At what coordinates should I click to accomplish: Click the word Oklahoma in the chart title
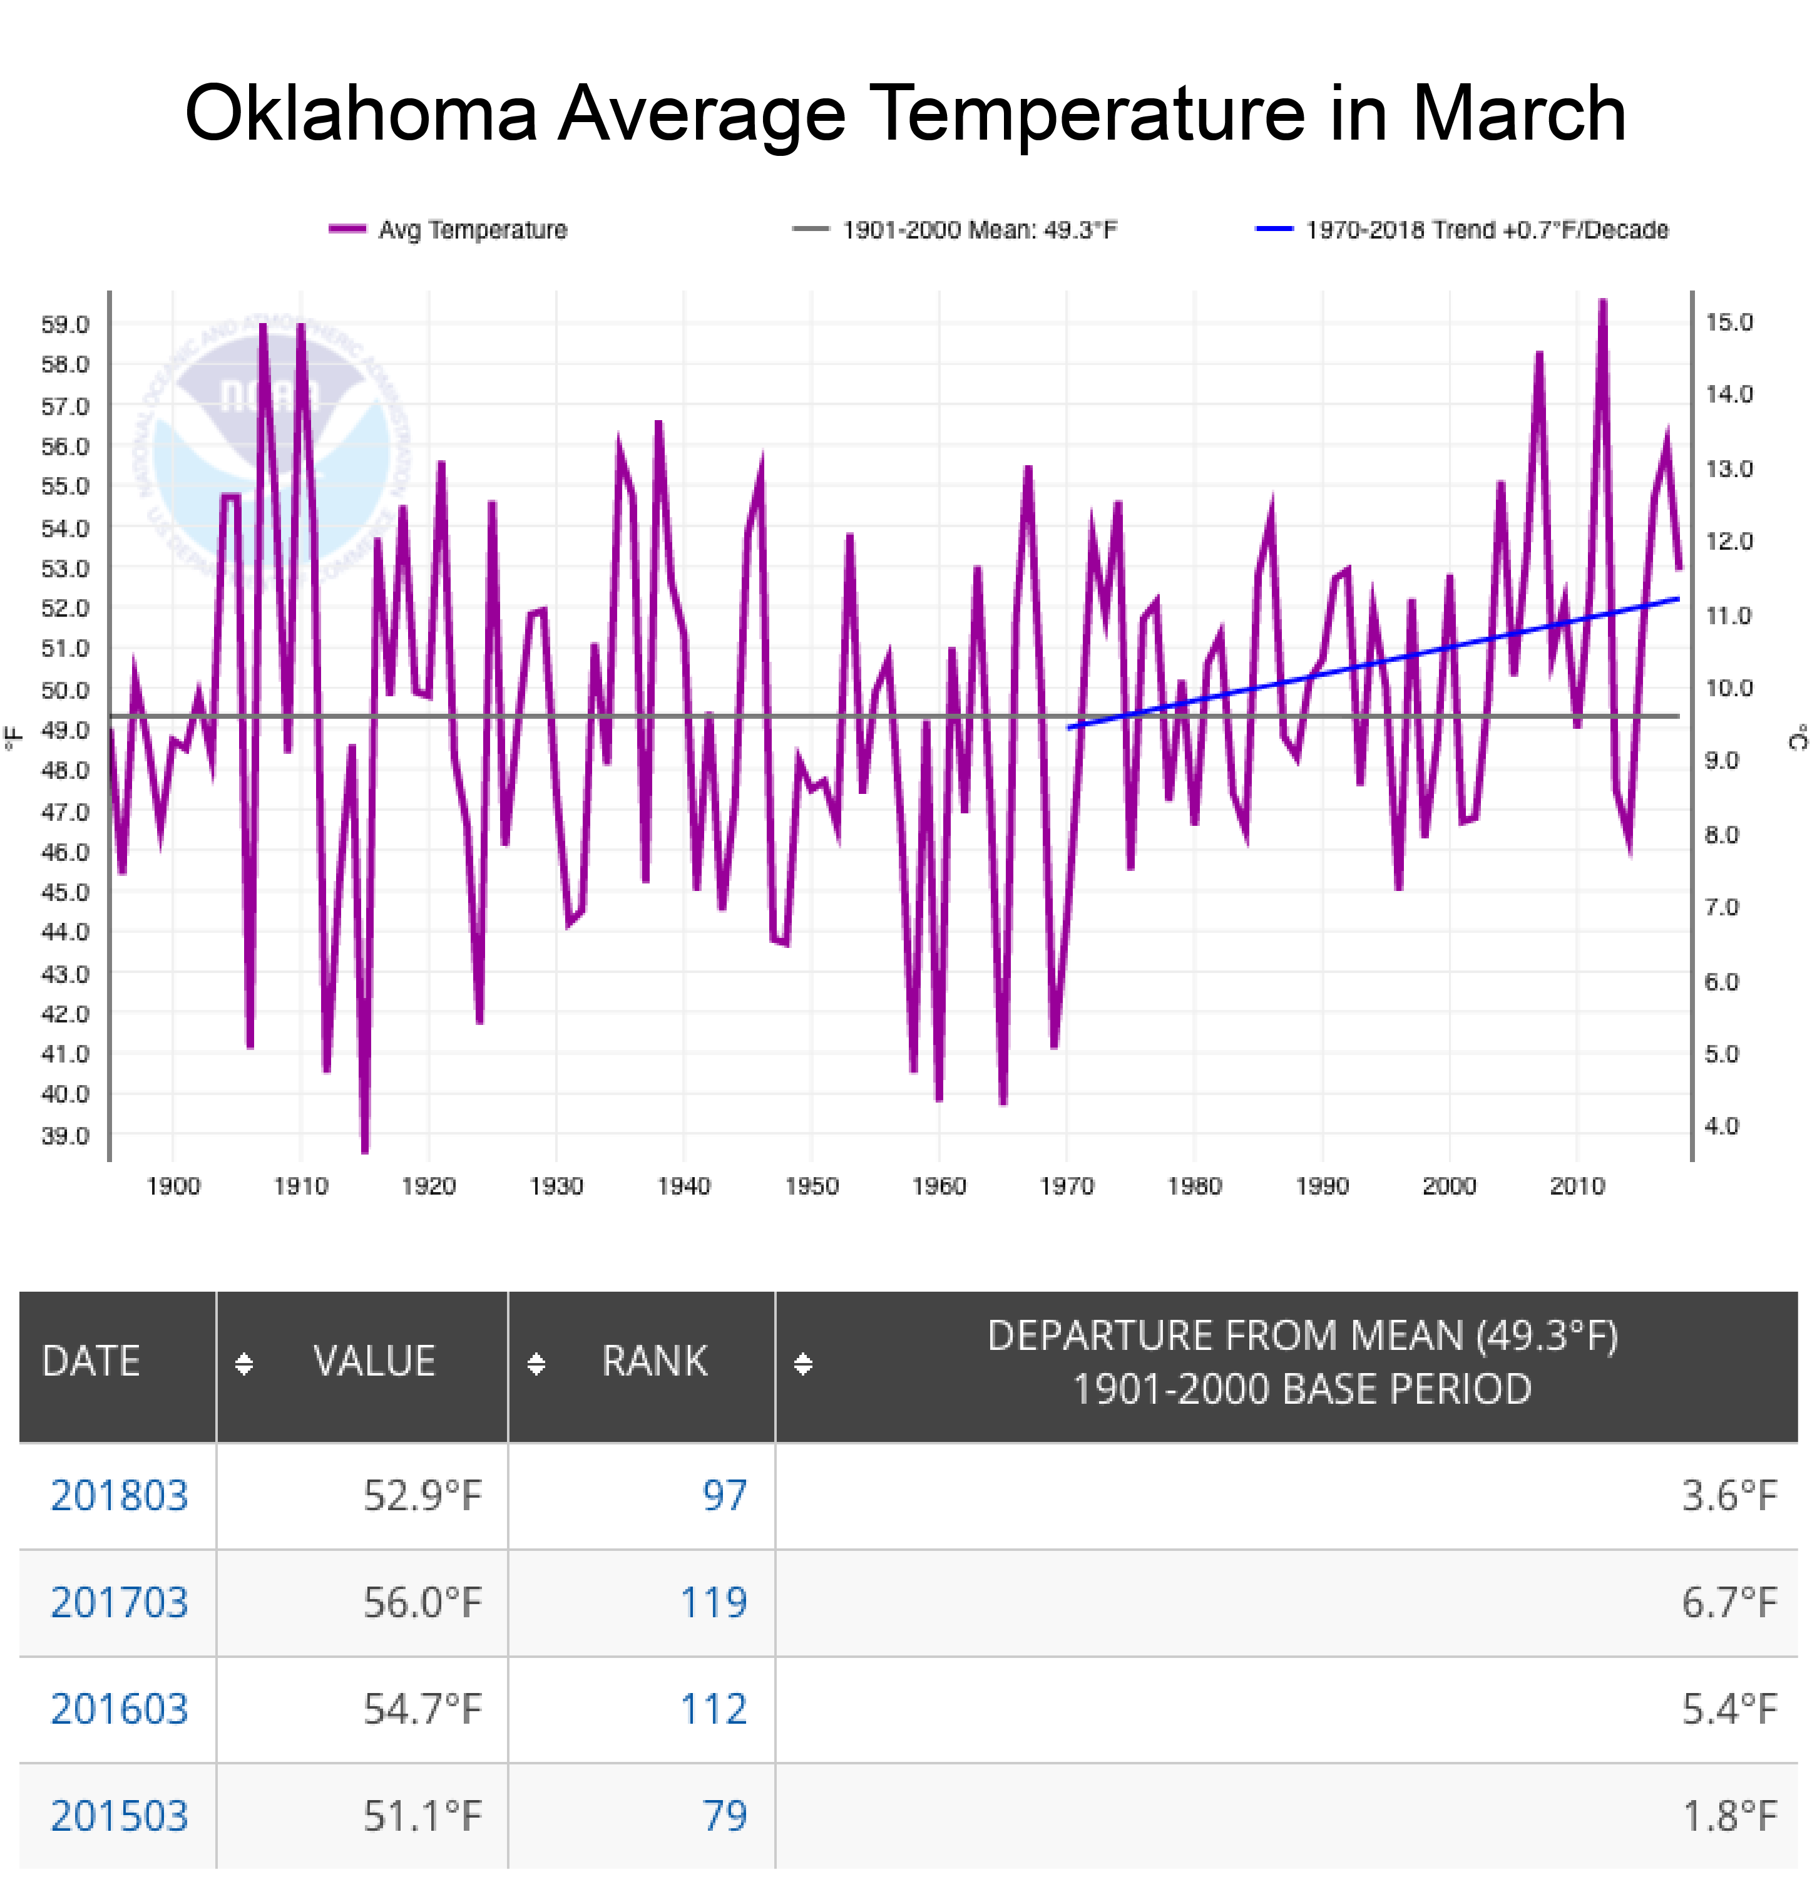(359, 115)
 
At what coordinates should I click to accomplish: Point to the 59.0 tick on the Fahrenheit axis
(64, 324)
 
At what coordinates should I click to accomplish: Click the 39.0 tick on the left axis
(64, 1135)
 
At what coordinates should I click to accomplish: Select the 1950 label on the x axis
(811, 1185)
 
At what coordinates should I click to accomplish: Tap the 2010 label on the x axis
(1577, 1185)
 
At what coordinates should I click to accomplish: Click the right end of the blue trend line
(1678, 599)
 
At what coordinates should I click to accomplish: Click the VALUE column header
(374, 1361)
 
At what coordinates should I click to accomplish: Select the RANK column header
(654, 1361)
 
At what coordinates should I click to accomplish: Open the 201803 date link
(118, 1496)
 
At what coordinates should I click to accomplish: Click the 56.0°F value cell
(422, 1603)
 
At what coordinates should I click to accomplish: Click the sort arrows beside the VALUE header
(243, 1363)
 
